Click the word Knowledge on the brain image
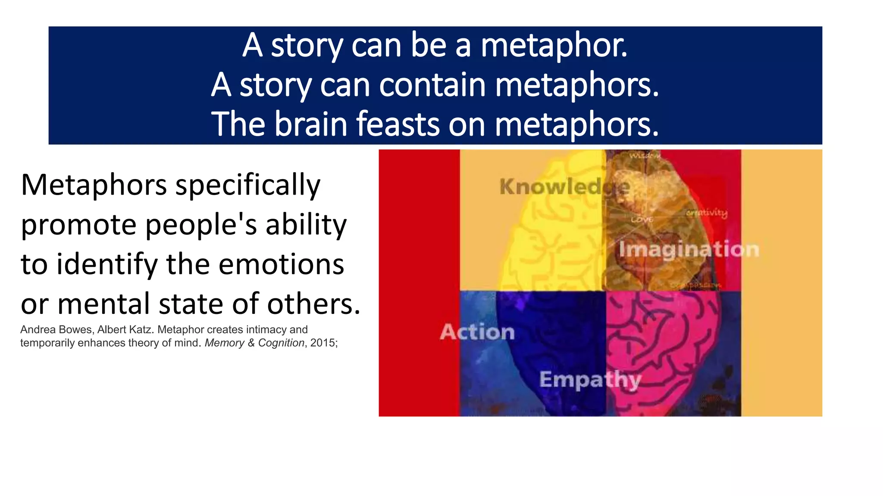564,187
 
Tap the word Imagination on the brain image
689,250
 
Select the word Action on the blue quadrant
477,332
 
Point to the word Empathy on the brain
590,380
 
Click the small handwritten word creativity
707,213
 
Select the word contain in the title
433,85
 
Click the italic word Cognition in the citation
281,343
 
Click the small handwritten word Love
642,220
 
